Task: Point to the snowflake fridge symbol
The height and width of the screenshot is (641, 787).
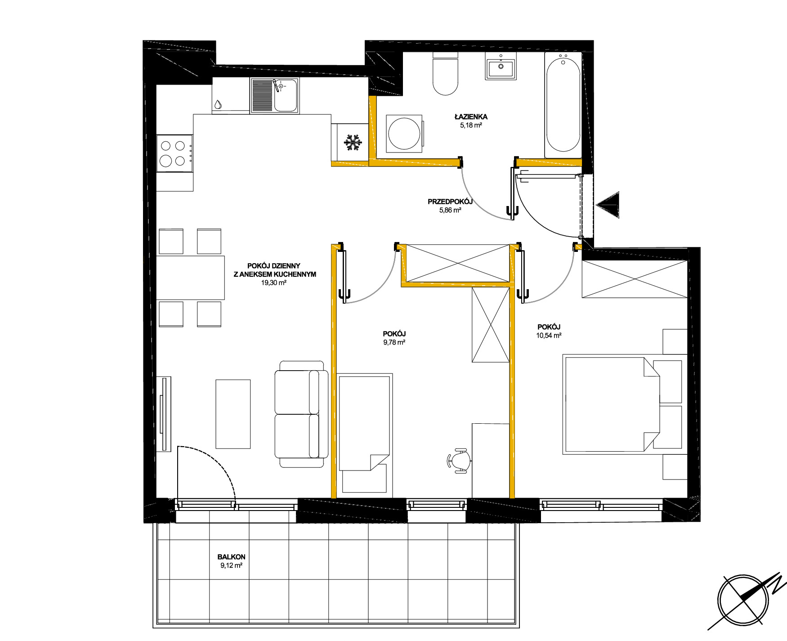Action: tap(353, 143)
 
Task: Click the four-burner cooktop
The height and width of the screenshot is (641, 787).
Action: tap(174, 153)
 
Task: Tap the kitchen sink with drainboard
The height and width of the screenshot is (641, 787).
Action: tap(274, 95)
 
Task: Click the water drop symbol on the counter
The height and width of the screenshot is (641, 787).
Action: tap(218, 104)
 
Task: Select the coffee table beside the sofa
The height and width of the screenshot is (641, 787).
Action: tap(233, 414)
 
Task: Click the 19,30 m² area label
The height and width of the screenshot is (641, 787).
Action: tap(274, 283)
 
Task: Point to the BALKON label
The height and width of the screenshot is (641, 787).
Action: tap(231, 557)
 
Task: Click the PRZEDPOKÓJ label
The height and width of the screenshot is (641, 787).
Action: tap(450, 202)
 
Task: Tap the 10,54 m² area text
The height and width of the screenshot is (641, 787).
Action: tap(549, 335)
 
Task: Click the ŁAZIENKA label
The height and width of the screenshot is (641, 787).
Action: tap(470, 117)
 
